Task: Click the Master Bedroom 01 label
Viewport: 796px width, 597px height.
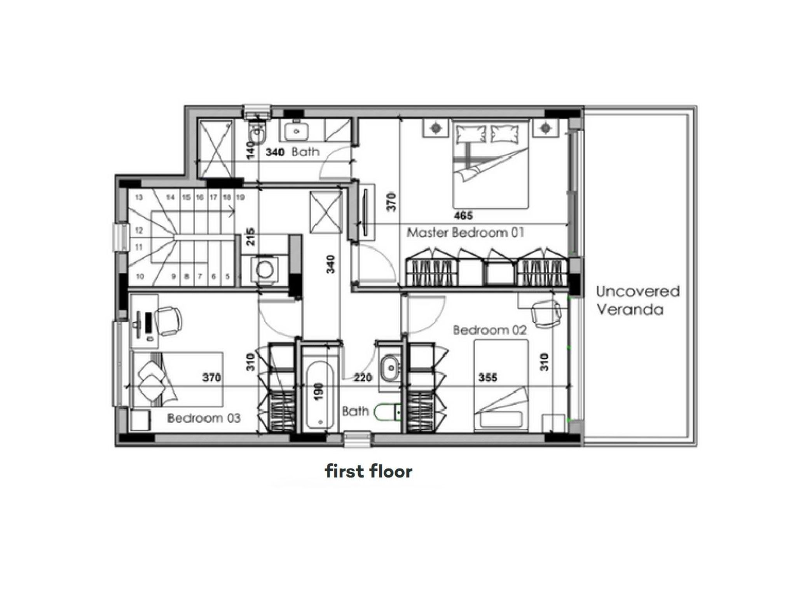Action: [465, 233]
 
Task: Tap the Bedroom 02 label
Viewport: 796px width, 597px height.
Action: [490, 330]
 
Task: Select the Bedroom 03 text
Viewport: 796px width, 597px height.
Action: [204, 418]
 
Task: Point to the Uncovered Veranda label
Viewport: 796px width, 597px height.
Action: [638, 300]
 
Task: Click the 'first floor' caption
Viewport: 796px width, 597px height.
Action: [368, 471]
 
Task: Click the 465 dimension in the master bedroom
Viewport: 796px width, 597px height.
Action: [463, 216]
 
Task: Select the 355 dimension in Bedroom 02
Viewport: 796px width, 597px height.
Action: [488, 377]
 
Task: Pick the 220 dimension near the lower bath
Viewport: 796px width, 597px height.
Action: [363, 377]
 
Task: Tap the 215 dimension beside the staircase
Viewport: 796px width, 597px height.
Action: [251, 236]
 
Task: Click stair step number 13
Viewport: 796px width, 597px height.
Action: [139, 197]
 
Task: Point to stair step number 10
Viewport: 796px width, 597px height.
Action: [140, 277]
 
